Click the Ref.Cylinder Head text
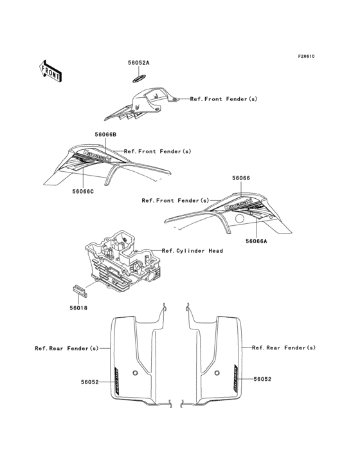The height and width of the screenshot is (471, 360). [x=192, y=250]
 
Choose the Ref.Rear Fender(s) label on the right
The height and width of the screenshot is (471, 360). [x=283, y=347]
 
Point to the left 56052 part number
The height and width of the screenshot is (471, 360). [x=89, y=382]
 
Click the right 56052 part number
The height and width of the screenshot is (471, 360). [x=262, y=380]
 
